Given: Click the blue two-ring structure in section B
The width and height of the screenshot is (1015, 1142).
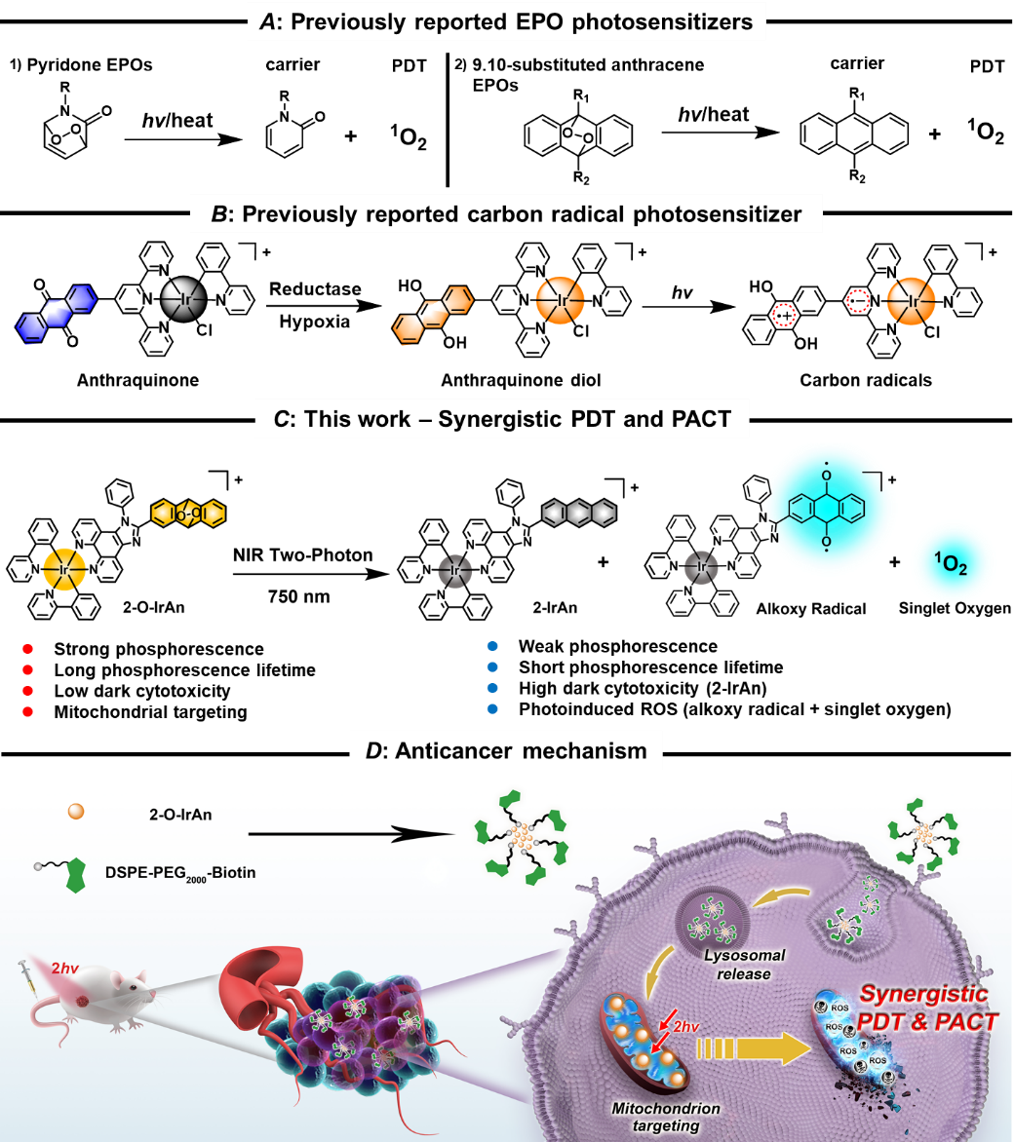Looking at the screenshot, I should click(58, 312).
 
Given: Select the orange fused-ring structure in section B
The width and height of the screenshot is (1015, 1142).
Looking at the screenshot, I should click(434, 314).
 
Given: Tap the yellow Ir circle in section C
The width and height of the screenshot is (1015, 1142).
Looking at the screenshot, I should click(65, 569).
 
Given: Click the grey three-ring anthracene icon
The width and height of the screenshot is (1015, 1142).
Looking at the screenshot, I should click(578, 513).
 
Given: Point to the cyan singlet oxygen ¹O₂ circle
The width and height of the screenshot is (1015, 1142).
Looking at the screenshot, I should click(953, 564).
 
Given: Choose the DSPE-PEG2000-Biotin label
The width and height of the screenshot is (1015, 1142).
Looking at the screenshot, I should click(180, 872).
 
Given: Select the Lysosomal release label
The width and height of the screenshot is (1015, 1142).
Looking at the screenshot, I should click(744, 965).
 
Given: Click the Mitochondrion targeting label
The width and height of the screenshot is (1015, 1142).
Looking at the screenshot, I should click(666, 1117).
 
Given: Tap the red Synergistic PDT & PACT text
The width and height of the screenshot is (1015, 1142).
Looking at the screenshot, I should click(926, 1009).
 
